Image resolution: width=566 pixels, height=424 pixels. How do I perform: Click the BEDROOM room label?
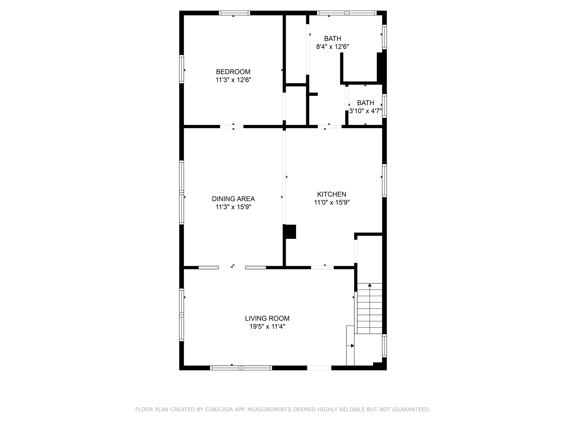point(233,72)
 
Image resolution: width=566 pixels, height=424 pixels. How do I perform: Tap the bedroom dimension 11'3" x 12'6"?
point(233,80)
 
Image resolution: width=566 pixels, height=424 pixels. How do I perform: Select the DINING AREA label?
point(233,199)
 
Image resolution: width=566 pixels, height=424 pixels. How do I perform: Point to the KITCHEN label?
point(332,194)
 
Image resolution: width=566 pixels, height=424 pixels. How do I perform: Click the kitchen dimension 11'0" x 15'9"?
point(332,202)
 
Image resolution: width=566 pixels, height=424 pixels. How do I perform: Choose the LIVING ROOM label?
point(267,318)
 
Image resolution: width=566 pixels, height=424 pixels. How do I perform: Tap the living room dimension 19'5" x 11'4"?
point(267,327)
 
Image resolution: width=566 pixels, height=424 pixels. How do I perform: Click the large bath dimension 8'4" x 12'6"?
point(332,47)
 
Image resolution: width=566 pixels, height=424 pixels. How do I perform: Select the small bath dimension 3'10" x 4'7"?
point(365,111)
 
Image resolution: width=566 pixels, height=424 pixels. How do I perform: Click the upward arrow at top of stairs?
point(369,285)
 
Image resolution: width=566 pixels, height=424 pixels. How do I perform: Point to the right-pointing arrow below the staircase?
point(352,346)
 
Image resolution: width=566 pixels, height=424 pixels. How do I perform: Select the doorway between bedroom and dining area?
point(232,126)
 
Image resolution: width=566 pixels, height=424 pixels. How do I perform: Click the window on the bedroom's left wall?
point(181,69)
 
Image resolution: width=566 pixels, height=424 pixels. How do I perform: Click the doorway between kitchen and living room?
point(322,268)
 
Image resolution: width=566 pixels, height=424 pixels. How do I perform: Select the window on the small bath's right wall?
point(384,106)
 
